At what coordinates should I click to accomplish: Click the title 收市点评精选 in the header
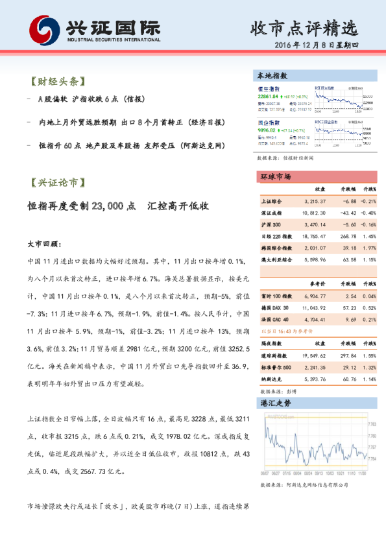click(304, 28)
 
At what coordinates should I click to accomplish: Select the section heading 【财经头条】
click(57, 82)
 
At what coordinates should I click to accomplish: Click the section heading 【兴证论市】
click(57, 184)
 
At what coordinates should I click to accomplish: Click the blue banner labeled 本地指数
click(272, 76)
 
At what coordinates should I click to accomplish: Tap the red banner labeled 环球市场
click(276, 176)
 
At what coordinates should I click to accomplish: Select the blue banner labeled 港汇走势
click(276, 403)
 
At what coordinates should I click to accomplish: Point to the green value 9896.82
click(270, 130)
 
